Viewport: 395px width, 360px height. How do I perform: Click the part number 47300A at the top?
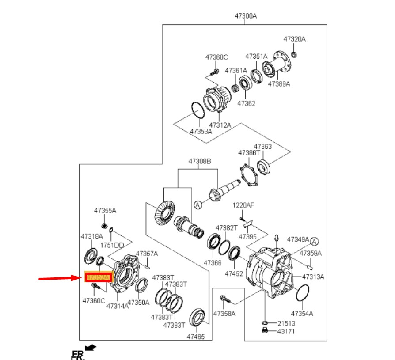[245, 16]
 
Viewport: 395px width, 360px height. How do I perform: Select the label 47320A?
[294, 39]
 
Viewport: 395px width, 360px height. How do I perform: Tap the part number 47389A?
[279, 83]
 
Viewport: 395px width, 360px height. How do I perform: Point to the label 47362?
[246, 103]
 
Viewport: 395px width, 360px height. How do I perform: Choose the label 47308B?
[200, 161]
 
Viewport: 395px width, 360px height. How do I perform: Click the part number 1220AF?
[243, 206]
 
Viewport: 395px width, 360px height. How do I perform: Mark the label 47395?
[247, 237]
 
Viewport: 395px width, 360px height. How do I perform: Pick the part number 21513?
[286, 323]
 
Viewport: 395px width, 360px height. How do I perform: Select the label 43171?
[286, 331]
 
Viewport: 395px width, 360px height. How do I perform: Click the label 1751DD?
[113, 245]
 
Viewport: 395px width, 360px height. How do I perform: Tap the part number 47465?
[196, 337]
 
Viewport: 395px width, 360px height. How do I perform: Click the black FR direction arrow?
[91, 348]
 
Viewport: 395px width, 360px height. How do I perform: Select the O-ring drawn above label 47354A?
[301, 292]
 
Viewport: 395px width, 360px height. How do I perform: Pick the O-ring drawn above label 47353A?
[197, 110]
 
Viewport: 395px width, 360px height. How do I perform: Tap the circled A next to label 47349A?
[314, 241]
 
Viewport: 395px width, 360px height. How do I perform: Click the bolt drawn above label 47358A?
[224, 299]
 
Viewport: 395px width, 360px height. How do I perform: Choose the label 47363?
[262, 147]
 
